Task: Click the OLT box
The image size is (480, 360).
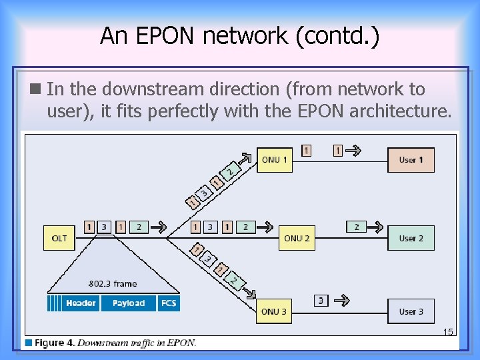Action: [59, 238]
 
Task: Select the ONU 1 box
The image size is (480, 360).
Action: [275, 160]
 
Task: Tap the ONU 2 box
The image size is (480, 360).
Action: [297, 238]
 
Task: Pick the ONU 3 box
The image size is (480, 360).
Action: [274, 311]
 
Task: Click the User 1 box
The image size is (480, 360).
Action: [411, 160]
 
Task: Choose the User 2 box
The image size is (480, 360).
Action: [411, 238]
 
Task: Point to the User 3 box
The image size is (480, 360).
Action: [411, 311]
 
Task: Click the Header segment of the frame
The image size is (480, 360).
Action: [81, 303]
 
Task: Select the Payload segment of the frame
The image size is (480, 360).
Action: [128, 303]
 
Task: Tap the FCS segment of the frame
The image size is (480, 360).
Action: [169, 303]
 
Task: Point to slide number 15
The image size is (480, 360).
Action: [448, 332]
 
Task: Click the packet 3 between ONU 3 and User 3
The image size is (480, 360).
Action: [321, 301]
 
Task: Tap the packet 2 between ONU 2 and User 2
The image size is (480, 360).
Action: [357, 227]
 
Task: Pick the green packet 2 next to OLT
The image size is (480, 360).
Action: [139, 227]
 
